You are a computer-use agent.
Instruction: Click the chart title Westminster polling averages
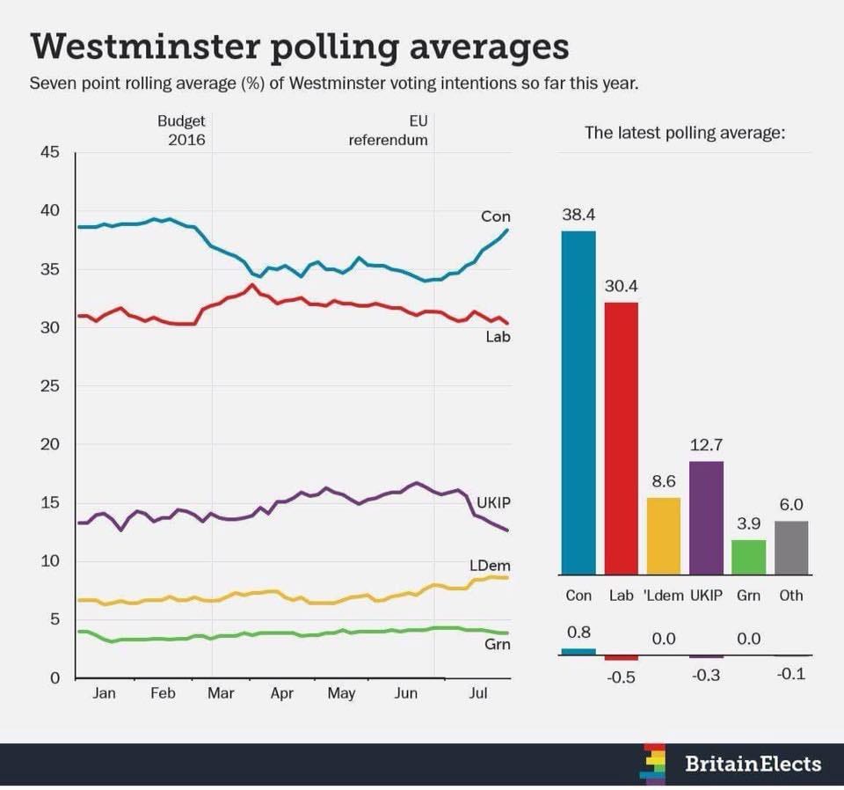click(x=299, y=48)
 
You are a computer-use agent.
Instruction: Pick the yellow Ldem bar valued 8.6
click(x=664, y=535)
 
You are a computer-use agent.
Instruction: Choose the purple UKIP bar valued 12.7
click(x=707, y=517)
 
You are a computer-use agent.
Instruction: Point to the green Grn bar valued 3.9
click(x=749, y=556)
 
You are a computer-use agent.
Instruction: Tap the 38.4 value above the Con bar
click(x=578, y=215)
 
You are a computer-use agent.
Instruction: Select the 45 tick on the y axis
click(x=49, y=152)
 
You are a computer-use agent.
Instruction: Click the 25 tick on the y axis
click(x=49, y=386)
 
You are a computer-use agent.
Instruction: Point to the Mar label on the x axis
click(x=221, y=693)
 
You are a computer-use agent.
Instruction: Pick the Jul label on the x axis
click(x=478, y=693)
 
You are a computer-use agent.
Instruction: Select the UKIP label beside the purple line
click(x=494, y=502)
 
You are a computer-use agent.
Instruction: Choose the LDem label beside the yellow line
click(x=491, y=564)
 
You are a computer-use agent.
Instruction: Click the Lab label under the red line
click(x=498, y=335)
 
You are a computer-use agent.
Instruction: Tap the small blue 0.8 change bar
click(x=578, y=652)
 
